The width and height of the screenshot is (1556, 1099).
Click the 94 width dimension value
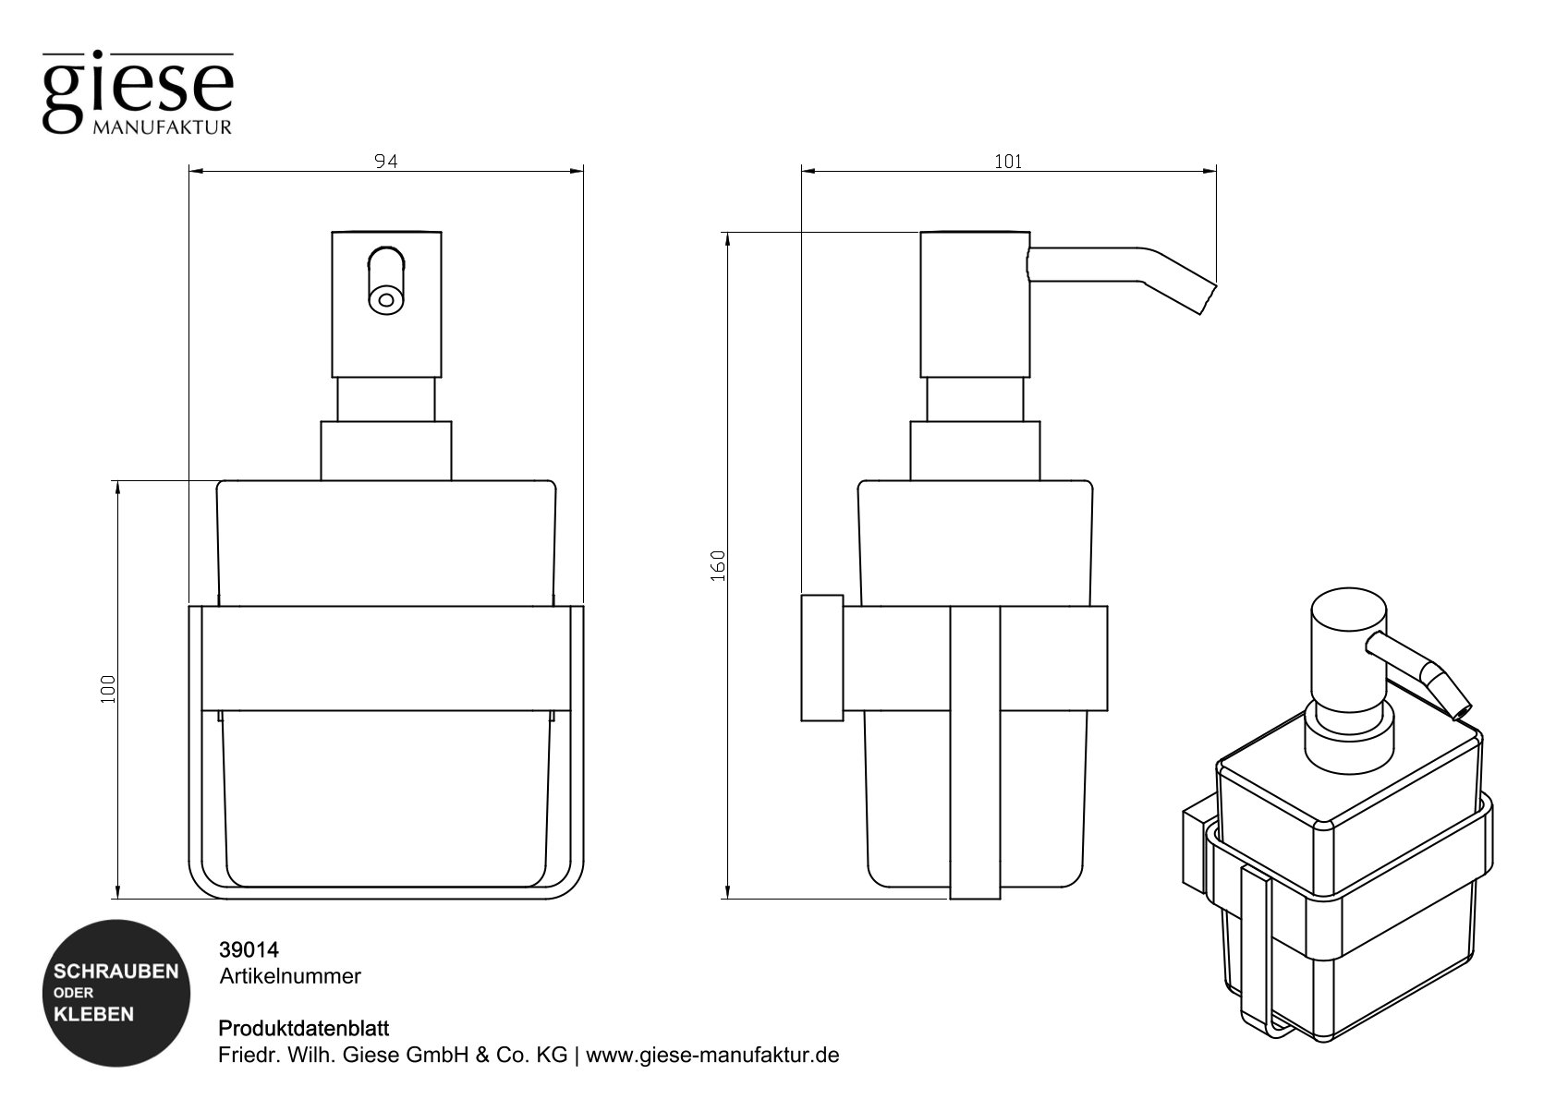tap(385, 162)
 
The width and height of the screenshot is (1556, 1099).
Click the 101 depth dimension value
tap(1008, 162)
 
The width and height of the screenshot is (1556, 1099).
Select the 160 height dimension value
tap(720, 564)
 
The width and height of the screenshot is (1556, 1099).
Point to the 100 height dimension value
tap(109, 688)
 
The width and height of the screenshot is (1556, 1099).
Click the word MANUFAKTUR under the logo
tap(162, 127)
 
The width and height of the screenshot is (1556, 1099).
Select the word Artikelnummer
tap(289, 975)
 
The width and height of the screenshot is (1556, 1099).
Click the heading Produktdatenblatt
tap(303, 1028)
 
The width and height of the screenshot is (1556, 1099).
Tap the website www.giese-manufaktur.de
tap(712, 1055)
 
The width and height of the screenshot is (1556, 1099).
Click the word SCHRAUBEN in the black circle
tap(116, 972)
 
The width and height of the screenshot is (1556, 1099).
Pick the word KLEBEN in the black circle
tap(94, 1014)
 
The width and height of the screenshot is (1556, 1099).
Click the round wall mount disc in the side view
tap(821, 658)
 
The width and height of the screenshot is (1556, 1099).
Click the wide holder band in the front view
tap(385, 658)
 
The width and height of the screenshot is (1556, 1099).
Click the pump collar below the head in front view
tap(385, 451)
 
